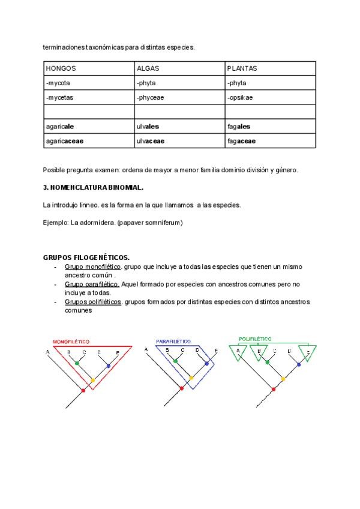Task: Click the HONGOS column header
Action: (x=61, y=68)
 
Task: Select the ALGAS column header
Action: (x=148, y=68)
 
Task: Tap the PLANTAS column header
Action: (x=242, y=68)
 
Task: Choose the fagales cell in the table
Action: (x=239, y=127)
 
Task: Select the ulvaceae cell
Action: (x=151, y=141)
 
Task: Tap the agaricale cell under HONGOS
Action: (x=60, y=127)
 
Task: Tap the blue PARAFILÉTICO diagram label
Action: (x=173, y=341)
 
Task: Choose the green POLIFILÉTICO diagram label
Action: (x=256, y=339)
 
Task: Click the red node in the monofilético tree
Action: (x=83, y=390)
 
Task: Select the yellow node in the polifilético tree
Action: (x=283, y=379)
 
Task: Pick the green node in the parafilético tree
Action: (x=175, y=363)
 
